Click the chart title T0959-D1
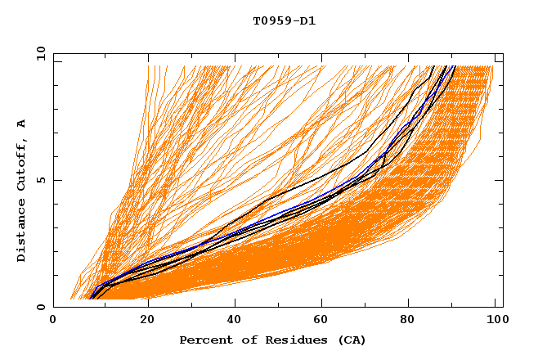[285, 21]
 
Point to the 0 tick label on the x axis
[53, 321]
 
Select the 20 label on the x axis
[147, 321]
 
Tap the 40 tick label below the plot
[236, 321]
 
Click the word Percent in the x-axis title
[204, 340]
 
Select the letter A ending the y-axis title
[21, 123]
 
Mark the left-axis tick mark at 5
[56, 180]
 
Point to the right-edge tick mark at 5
[499, 180]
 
